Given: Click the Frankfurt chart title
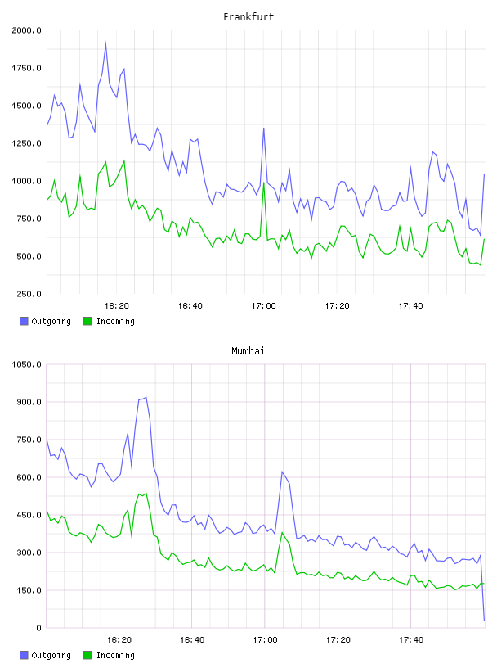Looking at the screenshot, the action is (x=248, y=17).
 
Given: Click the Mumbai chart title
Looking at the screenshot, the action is (x=248, y=351).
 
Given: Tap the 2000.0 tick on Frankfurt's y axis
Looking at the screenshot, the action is (x=26, y=30).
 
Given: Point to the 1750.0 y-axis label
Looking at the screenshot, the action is (x=26, y=68).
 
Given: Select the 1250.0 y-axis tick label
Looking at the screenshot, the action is (x=26, y=143).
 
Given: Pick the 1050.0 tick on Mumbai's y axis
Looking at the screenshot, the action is (x=26, y=364).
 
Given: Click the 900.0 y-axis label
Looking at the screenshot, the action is (x=29, y=402).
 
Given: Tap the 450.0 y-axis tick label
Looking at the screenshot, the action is (x=29, y=515).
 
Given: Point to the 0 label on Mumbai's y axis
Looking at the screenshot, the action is (x=38, y=628).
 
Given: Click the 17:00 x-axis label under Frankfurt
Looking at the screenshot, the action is (x=263, y=306).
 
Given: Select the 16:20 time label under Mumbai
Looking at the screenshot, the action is (x=119, y=640).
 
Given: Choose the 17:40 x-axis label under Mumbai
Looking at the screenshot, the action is (x=411, y=640).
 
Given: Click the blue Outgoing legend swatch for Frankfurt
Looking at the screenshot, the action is (x=24, y=321).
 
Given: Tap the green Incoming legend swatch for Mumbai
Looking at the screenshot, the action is (x=87, y=655).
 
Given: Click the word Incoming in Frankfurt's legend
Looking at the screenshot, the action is (x=115, y=322).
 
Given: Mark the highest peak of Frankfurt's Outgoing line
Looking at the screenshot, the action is (x=105, y=43).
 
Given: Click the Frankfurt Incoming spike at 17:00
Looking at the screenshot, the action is (x=264, y=183).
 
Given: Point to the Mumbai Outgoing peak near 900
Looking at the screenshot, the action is (x=146, y=398).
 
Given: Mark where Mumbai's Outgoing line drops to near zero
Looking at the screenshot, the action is (x=484, y=621).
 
